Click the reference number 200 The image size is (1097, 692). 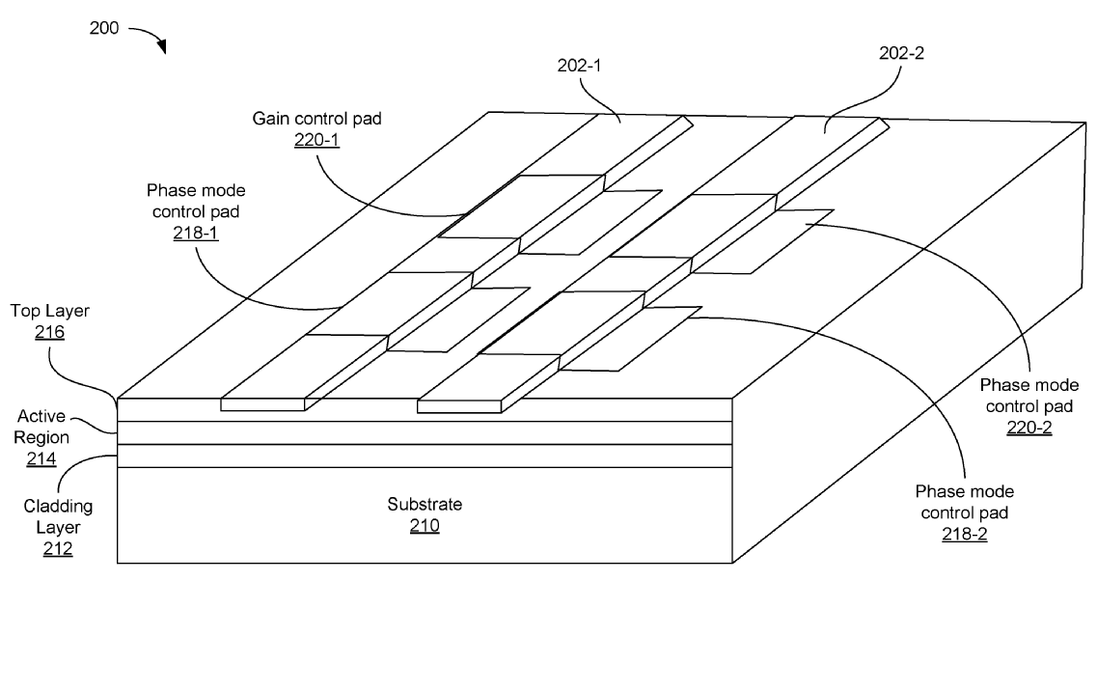[x=104, y=28]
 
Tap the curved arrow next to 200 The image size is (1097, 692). [x=148, y=36]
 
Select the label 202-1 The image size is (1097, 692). [x=581, y=65]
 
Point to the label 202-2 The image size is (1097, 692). [x=901, y=54]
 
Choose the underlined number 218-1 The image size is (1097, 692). [x=196, y=233]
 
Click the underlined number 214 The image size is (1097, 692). [x=41, y=460]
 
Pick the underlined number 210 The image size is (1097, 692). [x=425, y=526]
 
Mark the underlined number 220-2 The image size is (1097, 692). [x=1028, y=428]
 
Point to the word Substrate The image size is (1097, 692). [x=425, y=504]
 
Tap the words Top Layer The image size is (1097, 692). [x=49, y=312]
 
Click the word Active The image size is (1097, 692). [x=41, y=416]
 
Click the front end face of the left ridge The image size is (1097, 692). [x=262, y=404]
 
